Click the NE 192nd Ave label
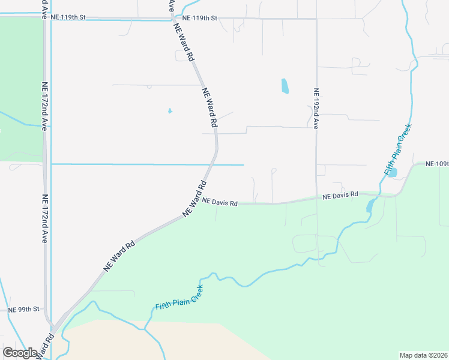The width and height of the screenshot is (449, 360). (316, 109)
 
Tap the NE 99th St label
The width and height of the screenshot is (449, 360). (25, 310)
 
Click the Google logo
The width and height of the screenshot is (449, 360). (20, 353)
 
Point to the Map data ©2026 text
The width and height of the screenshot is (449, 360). (424, 355)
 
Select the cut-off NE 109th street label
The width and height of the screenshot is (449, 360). (437, 164)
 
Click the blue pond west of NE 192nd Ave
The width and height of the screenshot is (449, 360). (285, 86)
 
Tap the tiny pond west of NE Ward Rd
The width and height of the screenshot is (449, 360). (170, 111)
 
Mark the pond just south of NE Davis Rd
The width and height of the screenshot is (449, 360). (370, 206)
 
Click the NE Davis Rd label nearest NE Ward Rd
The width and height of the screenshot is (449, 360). (220, 203)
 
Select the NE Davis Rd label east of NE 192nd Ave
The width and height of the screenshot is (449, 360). (340, 196)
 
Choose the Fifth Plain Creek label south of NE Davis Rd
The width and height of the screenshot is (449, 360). (179, 298)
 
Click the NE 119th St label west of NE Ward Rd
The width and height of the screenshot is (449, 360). (68, 17)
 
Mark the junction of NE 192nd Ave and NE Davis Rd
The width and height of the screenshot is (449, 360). (317, 197)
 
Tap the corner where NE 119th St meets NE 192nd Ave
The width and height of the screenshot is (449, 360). (316, 19)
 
